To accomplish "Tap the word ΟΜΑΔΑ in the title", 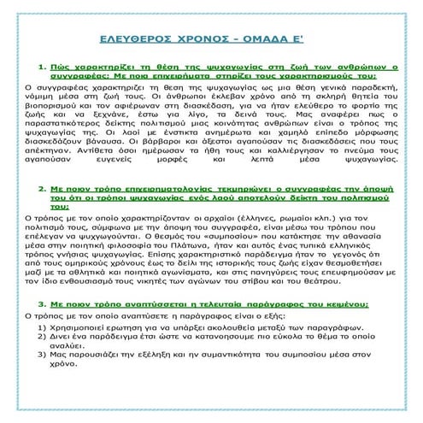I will (261, 39).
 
